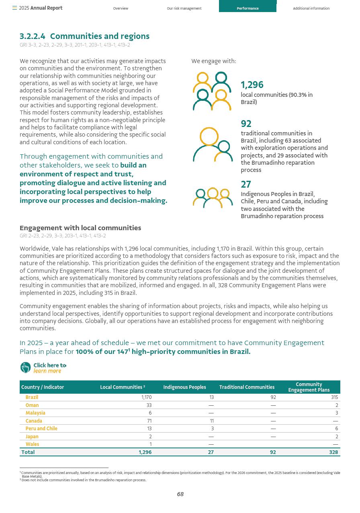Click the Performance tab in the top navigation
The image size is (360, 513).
tap(247, 8)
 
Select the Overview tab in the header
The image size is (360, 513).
tap(121, 8)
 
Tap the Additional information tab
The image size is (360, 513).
tap(311, 8)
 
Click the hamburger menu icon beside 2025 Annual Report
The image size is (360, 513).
tap(14, 8)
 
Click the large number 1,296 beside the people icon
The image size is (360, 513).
tap(252, 85)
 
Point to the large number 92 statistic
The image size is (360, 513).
tap(246, 124)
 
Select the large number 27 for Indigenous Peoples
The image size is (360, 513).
tap(246, 184)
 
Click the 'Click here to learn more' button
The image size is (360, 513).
tap(43, 368)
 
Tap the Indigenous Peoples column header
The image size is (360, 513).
tap(184, 387)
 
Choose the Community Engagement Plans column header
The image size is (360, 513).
tap(309, 387)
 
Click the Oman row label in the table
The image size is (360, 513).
tap(32, 405)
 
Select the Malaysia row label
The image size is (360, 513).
tap(35, 413)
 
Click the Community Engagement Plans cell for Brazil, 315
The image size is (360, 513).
tap(334, 397)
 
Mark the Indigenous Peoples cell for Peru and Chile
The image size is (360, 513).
tap(212, 429)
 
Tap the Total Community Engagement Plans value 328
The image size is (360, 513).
tap(333, 452)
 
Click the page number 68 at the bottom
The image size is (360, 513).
tap(180, 494)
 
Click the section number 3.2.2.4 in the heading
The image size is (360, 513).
tap(33, 36)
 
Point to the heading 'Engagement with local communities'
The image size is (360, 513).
tap(80, 228)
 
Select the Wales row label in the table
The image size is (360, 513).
tap(33, 444)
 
